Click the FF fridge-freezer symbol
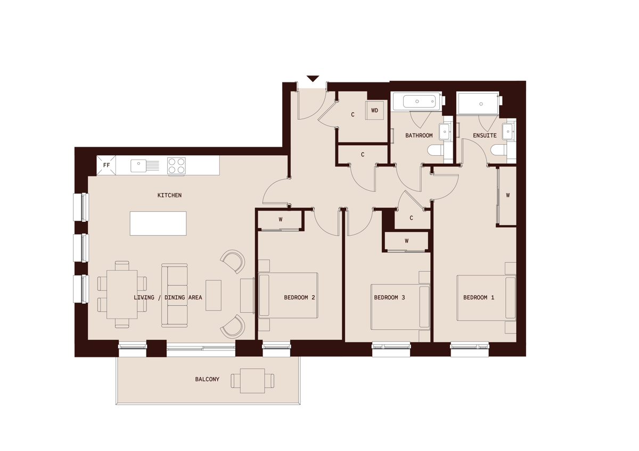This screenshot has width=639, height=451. click(106, 165)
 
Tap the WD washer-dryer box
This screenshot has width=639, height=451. click(375, 111)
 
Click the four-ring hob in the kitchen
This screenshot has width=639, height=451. click(176, 165)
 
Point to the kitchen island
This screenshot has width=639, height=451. click(158, 223)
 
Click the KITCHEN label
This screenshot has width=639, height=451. click(169, 195)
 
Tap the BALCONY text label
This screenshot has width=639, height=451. click(207, 379)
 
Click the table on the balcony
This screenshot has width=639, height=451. click(252, 381)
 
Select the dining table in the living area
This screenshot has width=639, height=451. click(122, 294)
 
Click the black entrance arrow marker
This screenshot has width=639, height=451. click(313, 79)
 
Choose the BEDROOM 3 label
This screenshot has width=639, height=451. click(389, 297)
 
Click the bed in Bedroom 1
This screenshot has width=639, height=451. click(486, 298)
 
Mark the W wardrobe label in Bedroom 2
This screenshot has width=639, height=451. click(280, 219)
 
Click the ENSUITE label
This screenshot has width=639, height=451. click(485, 136)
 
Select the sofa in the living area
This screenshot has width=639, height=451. click(175, 295)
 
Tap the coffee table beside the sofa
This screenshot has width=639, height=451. click(214, 295)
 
